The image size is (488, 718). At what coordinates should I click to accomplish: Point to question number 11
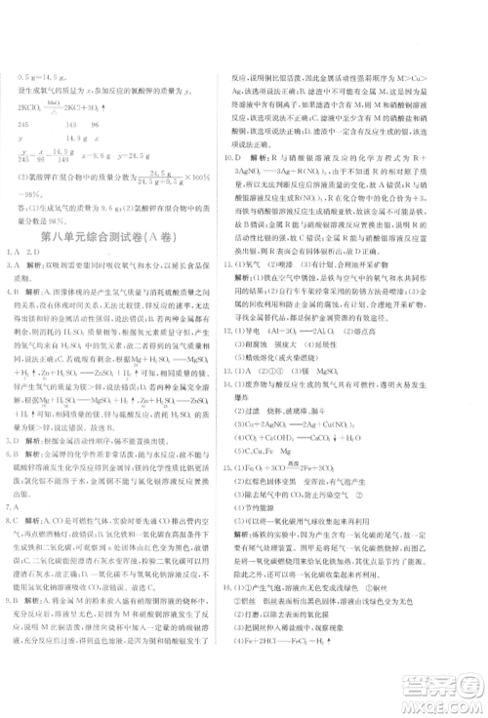[x=228, y=291]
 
